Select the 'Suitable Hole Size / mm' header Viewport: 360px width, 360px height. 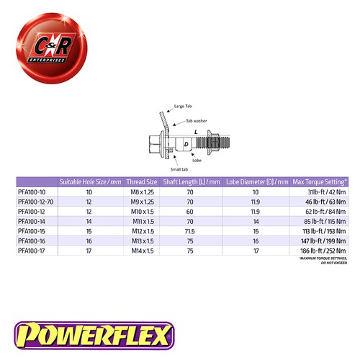[x=89, y=181]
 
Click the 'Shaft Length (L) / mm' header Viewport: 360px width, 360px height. [x=191, y=181]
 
